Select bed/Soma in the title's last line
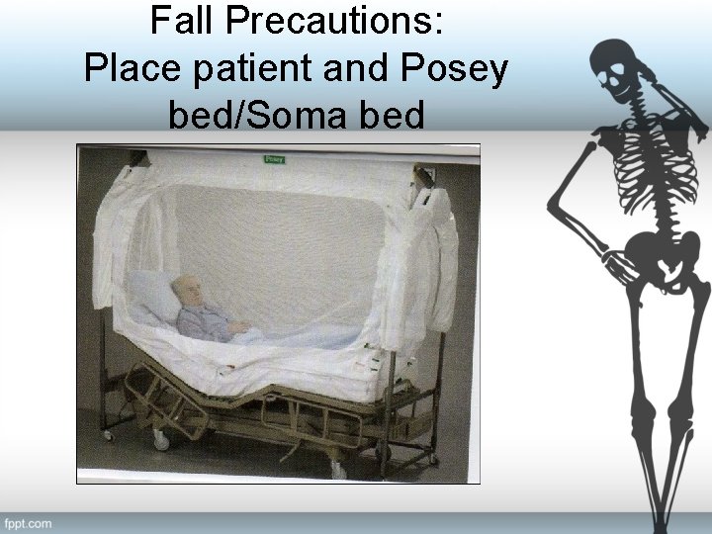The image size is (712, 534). click(x=262, y=115)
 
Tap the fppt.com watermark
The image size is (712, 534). click(x=27, y=521)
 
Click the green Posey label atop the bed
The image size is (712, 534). click(x=274, y=158)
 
